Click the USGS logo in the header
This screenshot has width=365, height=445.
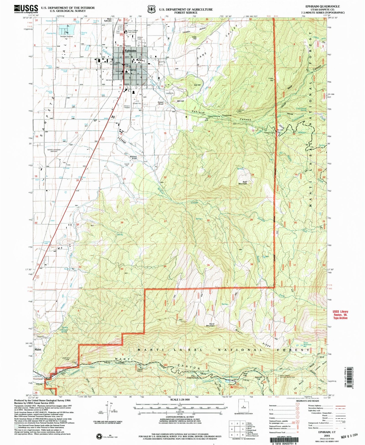[26, 9]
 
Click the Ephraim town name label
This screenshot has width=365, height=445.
[130, 51]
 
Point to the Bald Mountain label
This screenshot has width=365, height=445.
[242, 183]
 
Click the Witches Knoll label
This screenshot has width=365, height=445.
[133, 158]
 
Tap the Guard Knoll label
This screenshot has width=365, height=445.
[160, 103]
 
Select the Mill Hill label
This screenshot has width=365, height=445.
[180, 101]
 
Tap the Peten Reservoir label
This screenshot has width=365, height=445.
[307, 344]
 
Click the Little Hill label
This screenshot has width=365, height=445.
[194, 38]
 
